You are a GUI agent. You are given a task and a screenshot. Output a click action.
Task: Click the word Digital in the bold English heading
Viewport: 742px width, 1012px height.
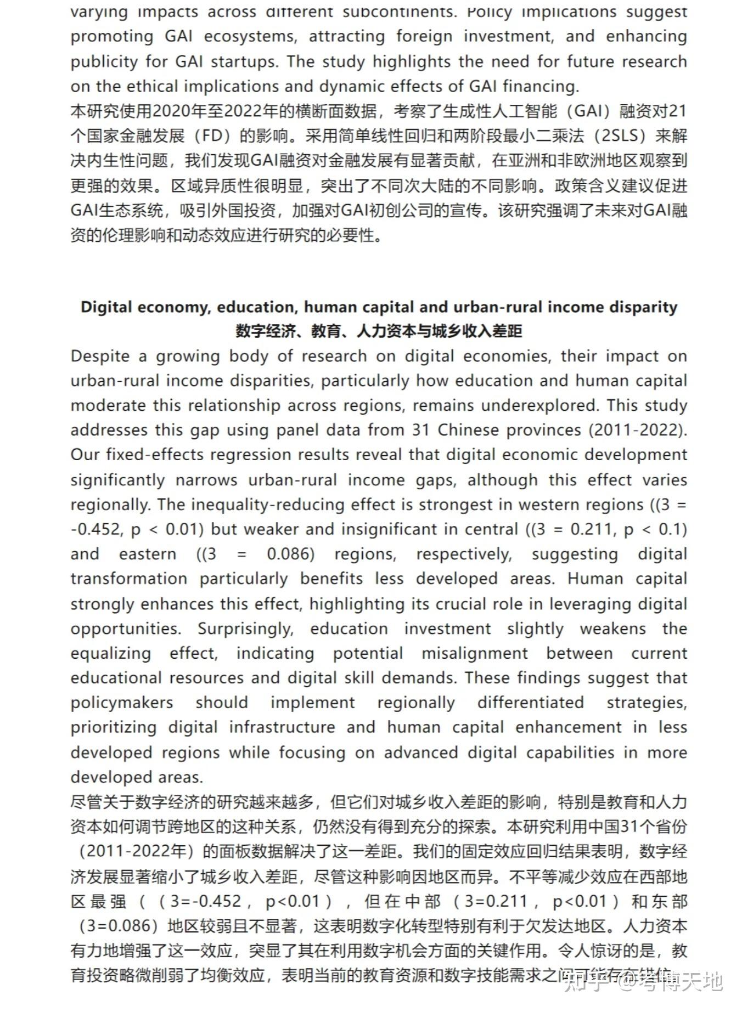tap(106, 307)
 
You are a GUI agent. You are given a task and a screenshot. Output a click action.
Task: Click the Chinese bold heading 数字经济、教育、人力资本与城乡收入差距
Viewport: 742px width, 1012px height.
tap(379, 331)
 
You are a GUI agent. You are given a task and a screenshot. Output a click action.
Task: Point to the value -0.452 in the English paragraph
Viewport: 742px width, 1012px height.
tap(95, 529)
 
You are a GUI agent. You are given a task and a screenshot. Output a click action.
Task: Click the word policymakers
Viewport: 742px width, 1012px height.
tap(121, 703)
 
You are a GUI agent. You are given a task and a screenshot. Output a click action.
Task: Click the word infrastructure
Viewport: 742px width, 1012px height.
tap(282, 727)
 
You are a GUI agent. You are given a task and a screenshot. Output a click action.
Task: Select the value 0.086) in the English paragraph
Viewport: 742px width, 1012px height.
tap(291, 554)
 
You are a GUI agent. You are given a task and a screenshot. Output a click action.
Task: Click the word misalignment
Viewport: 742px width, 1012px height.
tap(474, 653)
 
